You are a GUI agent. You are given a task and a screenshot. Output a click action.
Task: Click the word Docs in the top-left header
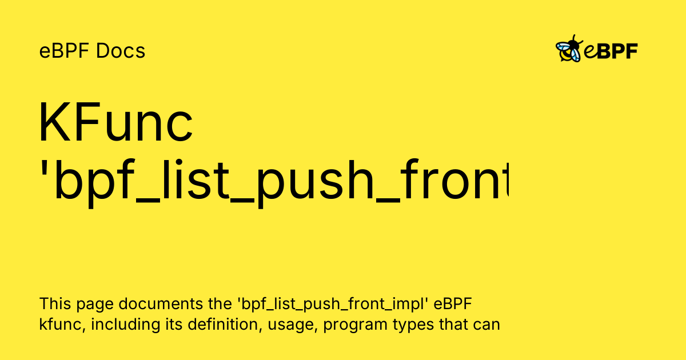121,51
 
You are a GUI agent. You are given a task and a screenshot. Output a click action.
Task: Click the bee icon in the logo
569,50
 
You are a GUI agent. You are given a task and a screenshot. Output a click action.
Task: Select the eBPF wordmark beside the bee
611,51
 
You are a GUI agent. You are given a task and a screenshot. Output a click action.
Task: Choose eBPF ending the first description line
453,303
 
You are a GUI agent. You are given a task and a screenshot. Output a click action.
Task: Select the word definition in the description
200,325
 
